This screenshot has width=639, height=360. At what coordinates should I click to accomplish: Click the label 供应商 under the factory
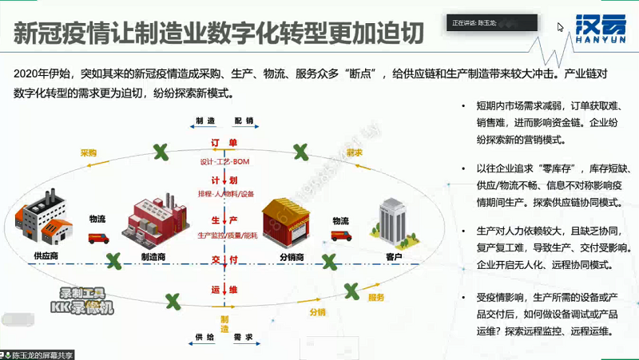coord(46,256)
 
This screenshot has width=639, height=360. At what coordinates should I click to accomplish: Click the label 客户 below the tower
coord(394,256)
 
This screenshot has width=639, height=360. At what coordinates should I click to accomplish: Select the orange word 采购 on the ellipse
coord(88,152)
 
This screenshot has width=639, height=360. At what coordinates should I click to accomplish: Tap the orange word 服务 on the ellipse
coord(376,298)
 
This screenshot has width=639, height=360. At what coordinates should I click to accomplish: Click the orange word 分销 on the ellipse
coord(318,312)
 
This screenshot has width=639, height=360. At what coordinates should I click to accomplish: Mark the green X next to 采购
coord(161,149)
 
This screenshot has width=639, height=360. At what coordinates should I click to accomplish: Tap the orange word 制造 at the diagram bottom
coord(224,323)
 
